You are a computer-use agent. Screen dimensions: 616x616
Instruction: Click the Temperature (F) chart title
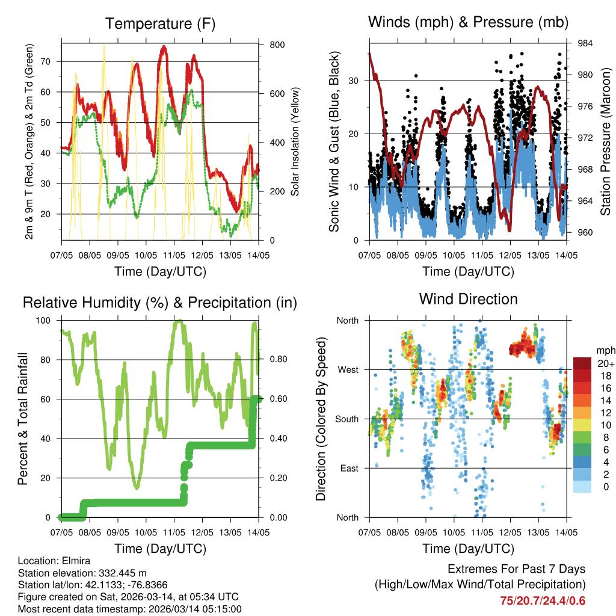160,24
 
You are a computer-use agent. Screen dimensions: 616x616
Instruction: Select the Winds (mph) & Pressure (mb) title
469,23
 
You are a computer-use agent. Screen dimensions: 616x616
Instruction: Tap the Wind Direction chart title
468,299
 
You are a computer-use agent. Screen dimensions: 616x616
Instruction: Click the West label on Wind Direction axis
348,369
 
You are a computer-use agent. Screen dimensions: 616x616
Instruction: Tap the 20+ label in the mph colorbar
605,363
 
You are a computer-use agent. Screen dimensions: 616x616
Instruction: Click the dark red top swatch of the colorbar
582,363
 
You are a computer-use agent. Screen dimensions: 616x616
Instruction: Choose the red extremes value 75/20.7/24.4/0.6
543,600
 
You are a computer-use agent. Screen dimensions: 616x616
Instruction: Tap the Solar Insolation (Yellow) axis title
295,142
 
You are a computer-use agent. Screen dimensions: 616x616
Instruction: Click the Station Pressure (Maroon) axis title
605,142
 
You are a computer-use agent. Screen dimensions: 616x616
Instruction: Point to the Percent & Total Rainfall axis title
22,419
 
